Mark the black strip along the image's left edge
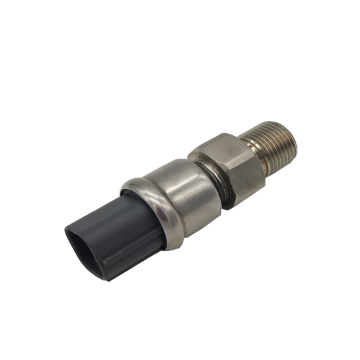pyautogui.click(x=3, y=180)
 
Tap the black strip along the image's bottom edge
pyautogui.click(x=180, y=356)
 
